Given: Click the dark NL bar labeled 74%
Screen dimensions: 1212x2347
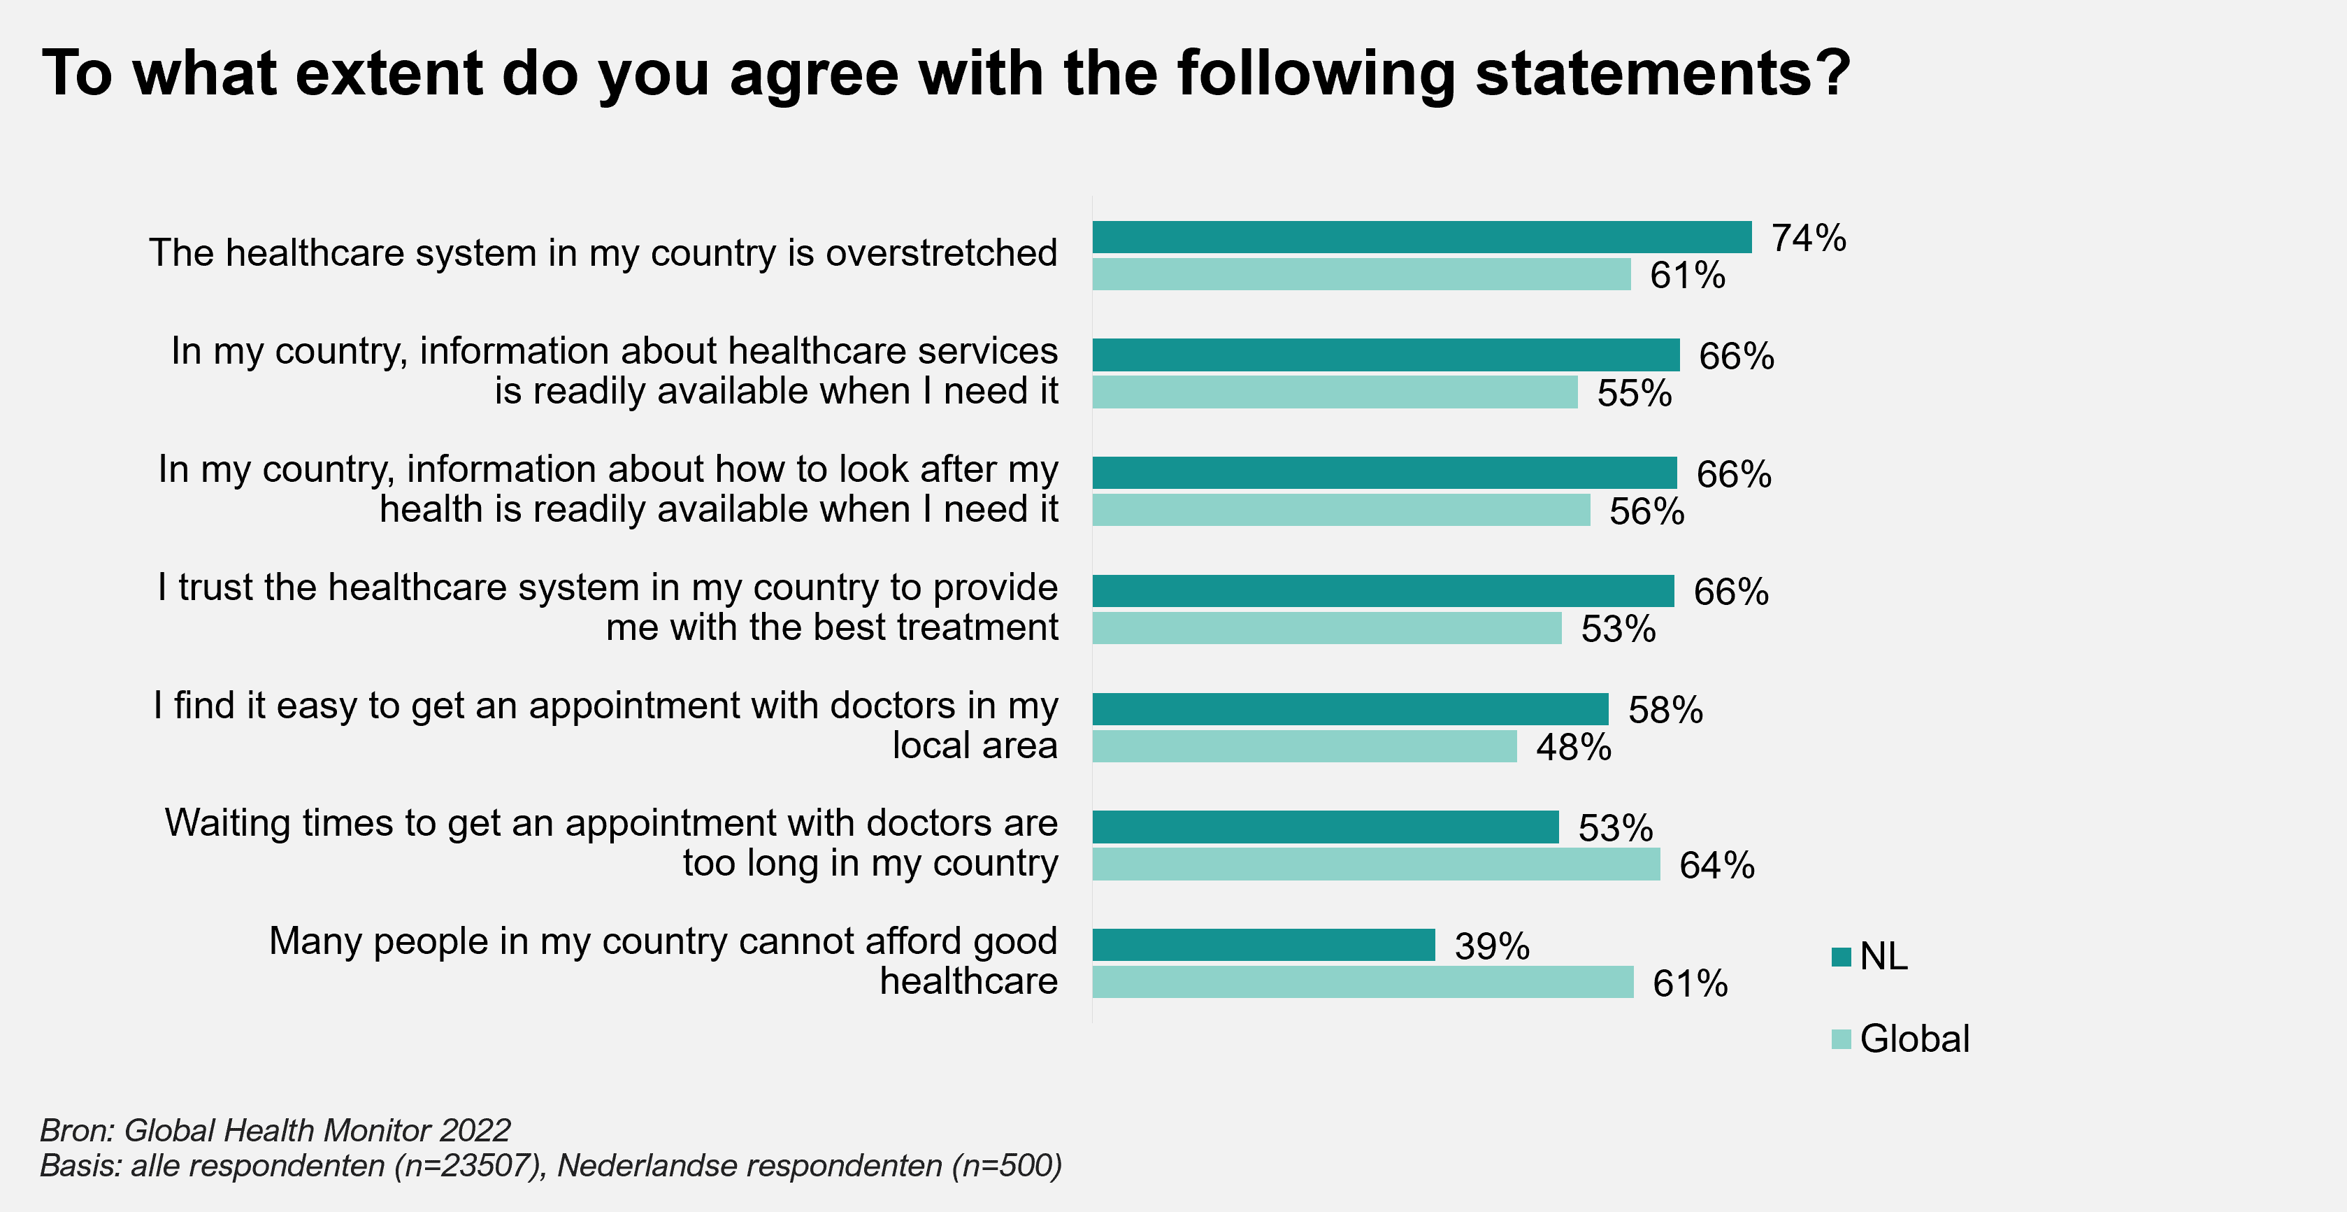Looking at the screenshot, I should pyautogui.click(x=1421, y=237).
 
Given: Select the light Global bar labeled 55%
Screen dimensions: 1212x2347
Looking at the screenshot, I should pyautogui.click(x=1335, y=392).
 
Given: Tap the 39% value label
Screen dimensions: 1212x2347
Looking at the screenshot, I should pyautogui.click(x=1491, y=946).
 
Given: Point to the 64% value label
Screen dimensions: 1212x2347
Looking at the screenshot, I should pyautogui.click(x=1716, y=865).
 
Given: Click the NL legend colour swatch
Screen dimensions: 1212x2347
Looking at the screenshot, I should pyautogui.click(x=1840, y=957).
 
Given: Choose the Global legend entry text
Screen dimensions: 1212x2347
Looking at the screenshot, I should pyautogui.click(x=1914, y=1039).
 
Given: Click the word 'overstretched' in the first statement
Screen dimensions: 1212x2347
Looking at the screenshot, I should pyautogui.click(x=941, y=252).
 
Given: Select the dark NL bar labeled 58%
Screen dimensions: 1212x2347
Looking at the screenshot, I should pyautogui.click(x=1350, y=709).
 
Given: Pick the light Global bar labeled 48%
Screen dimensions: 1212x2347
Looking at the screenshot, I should pyautogui.click(x=1305, y=746).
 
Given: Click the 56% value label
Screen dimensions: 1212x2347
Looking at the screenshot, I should pyautogui.click(x=1646, y=511).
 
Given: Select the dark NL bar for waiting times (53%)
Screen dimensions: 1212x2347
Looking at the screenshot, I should pyautogui.click(x=1326, y=827).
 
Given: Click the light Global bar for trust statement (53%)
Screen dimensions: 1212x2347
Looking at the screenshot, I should pyautogui.click(x=1326, y=628).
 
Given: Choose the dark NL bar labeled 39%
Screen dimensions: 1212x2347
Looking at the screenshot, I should pyautogui.click(x=1264, y=945).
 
